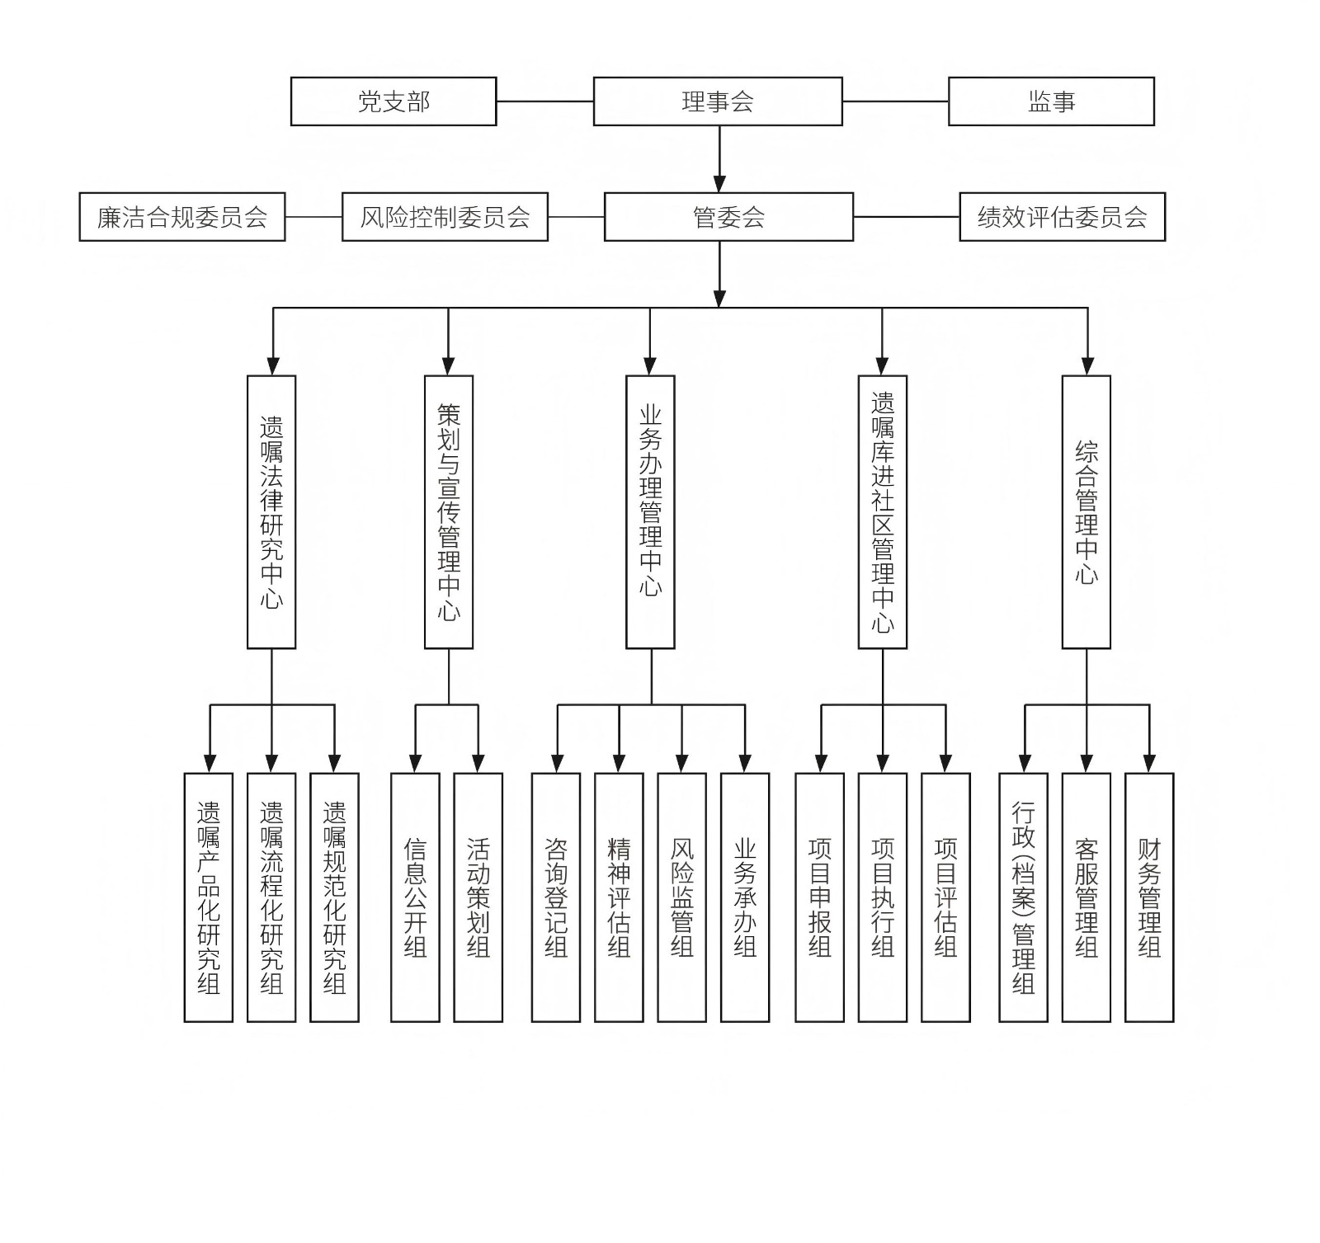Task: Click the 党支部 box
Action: click(x=394, y=101)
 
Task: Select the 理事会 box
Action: click(x=718, y=101)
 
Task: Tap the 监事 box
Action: click(x=1051, y=101)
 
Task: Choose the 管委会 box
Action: click(x=728, y=217)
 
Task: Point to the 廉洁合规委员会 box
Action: click(x=182, y=217)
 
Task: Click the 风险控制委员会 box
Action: click(x=445, y=217)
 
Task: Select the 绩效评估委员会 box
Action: click(x=1062, y=217)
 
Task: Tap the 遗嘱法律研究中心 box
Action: click(x=271, y=512)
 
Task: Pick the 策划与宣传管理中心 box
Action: click(x=449, y=512)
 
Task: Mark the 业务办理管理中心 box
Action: click(x=650, y=512)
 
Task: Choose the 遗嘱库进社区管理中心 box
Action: click(x=883, y=512)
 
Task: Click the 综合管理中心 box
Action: click(x=1086, y=512)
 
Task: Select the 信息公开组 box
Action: click(x=415, y=897)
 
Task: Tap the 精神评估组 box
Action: click(x=619, y=897)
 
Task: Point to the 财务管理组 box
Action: click(x=1149, y=897)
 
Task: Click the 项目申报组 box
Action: click(x=819, y=897)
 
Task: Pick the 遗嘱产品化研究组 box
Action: click(x=209, y=897)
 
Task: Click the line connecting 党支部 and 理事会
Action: click(x=544, y=101)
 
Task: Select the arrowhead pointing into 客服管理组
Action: click(x=1087, y=764)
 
